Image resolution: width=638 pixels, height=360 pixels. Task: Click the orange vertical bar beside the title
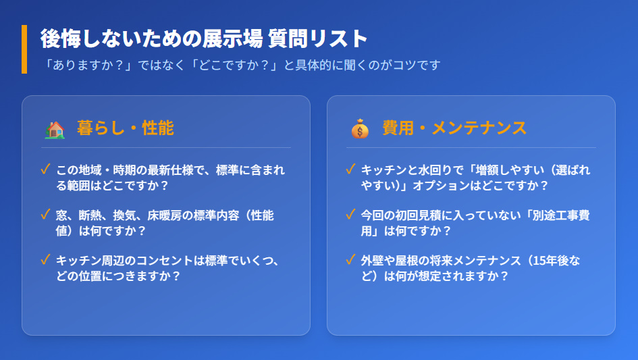(x=24, y=49)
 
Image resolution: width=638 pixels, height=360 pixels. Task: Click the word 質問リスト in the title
(x=318, y=38)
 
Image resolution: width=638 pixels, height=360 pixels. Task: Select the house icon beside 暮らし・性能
(x=54, y=128)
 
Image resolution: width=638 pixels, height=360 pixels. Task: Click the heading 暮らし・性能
(x=126, y=128)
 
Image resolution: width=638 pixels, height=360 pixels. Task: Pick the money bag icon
(x=360, y=128)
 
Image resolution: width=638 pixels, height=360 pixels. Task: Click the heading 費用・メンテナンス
(x=454, y=128)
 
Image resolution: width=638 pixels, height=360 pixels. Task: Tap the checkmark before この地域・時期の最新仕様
(x=46, y=169)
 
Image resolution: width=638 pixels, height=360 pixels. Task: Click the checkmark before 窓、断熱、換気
(x=46, y=215)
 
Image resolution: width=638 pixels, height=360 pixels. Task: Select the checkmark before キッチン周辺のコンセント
(x=46, y=260)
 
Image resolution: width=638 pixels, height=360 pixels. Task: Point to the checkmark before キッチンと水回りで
(x=350, y=169)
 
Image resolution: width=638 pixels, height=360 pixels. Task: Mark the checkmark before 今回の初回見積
(x=350, y=215)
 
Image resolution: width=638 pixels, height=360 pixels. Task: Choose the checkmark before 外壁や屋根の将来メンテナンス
(x=350, y=260)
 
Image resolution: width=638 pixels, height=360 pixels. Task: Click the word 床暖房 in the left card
(x=163, y=215)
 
